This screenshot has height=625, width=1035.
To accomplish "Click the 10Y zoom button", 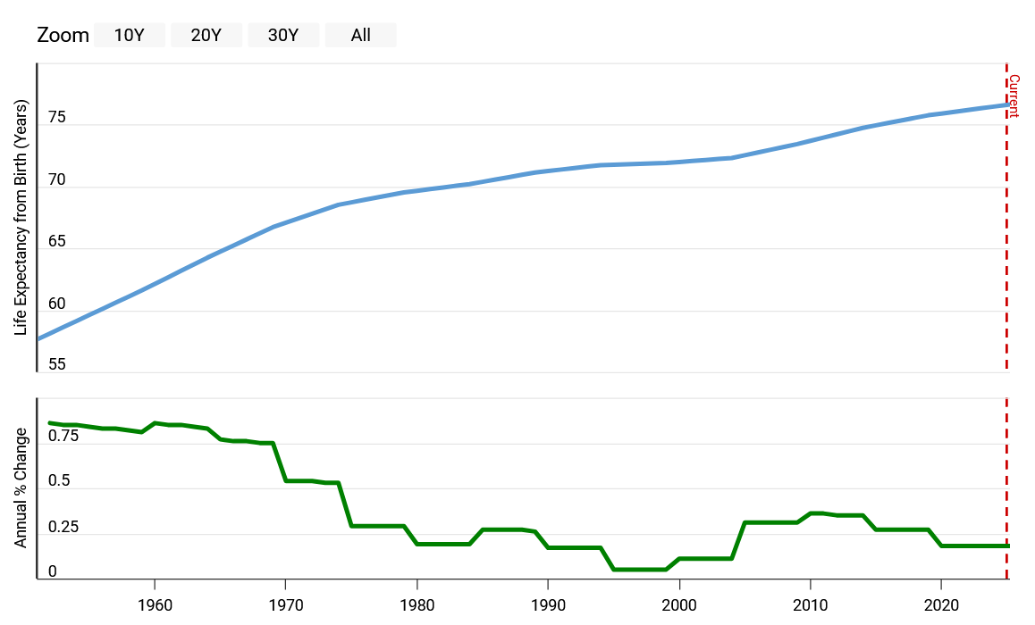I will click(x=130, y=36).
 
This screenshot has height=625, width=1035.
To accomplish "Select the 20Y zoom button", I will click(x=206, y=36).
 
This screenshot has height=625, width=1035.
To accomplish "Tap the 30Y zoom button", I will click(x=283, y=36).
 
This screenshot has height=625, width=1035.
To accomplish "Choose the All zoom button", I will click(x=361, y=36).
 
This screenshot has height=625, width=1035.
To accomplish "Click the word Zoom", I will click(x=63, y=36).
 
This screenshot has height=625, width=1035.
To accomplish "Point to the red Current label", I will click(x=1014, y=96).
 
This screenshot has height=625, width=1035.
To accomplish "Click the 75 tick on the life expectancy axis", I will click(x=56, y=118).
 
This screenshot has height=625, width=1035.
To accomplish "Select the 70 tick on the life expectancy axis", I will click(x=56, y=180).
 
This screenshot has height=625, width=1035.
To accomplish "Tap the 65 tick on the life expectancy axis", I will click(x=56, y=242).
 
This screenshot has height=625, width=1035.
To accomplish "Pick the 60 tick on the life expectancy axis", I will click(x=56, y=304).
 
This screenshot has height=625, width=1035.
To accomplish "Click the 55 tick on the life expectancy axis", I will click(x=56, y=364).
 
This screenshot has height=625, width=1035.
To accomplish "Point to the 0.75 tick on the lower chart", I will click(x=63, y=437).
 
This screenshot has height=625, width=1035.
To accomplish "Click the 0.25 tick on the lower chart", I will click(x=63, y=527).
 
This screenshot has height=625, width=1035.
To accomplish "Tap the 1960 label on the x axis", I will click(x=155, y=604).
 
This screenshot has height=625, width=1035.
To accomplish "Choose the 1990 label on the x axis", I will click(x=548, y=604).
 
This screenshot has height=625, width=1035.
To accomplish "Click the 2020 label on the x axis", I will click(x=941, y=604).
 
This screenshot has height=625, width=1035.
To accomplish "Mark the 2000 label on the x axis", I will click(x=679, y=604).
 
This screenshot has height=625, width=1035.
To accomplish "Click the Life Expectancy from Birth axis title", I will click(x=21, y=217).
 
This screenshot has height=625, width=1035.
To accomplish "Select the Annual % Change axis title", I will click(x=21, y=487).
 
